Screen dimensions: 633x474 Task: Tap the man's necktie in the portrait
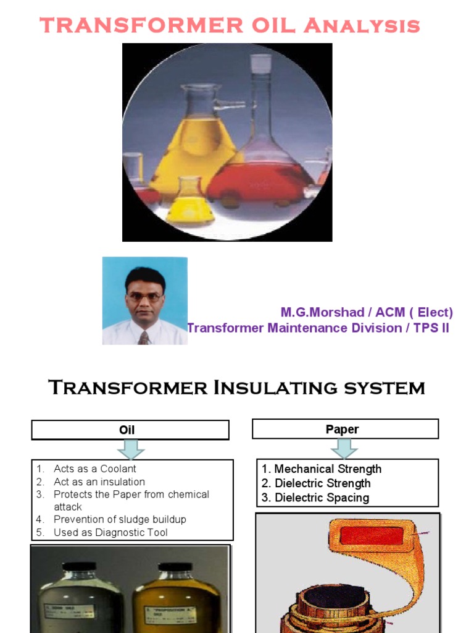pyautogui.click(x=144, y=338)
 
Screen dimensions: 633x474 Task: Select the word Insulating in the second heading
pyautogui.click(x=271, y=388)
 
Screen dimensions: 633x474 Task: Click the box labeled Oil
pyautogui.click(x=130, y=430)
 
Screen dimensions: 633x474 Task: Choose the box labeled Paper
pyautogui.click(x=344, y=428)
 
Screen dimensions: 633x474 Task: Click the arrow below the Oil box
pyautogui.click(x=130, y=449)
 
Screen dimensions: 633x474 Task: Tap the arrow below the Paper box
pyautogui.click(x=344, y=448)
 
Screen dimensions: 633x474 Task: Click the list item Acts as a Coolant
pyautogui.click(x=94, y=469)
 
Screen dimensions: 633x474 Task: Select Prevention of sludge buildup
pyautogui.click(x=119, y=520)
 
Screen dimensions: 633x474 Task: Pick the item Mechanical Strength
pyautogui.click(x=327, y=469)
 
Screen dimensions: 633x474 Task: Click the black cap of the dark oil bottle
pyautogui.click(x=78, y=566)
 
